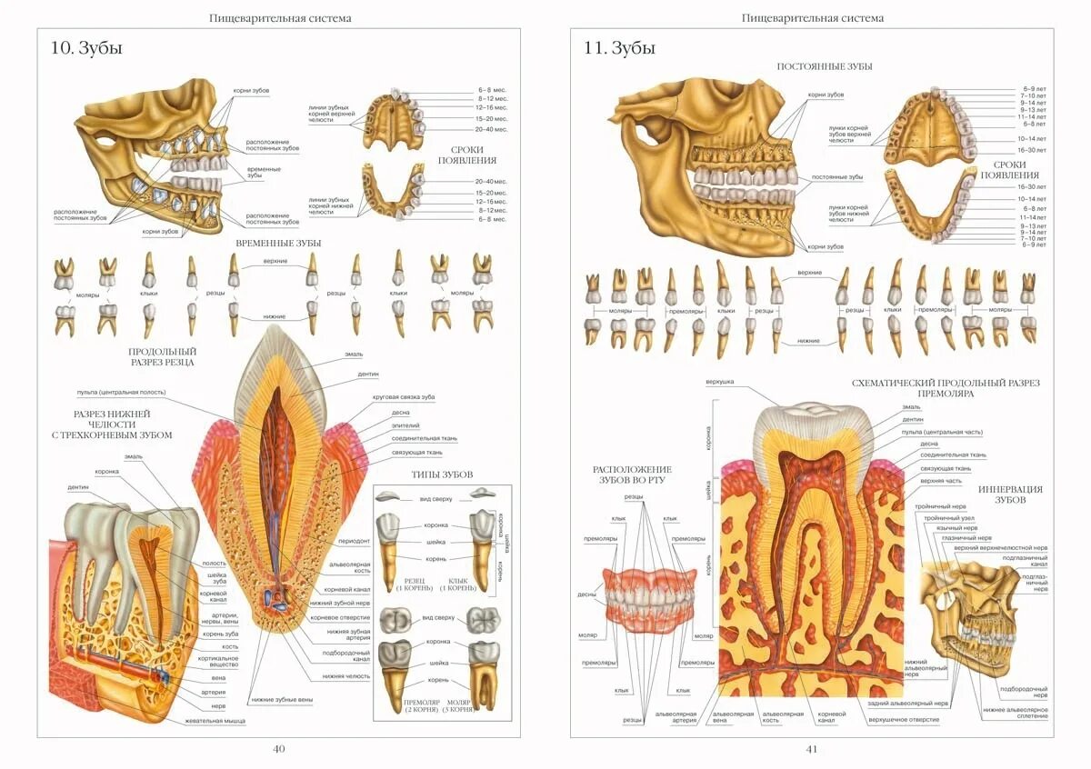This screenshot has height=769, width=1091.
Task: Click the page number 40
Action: click(279, 749)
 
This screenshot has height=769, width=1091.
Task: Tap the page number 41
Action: click(812, 749)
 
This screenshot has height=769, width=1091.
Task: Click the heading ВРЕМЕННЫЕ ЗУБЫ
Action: click(278, 243)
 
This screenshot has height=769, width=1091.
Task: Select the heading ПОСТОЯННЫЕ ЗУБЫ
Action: click(825, 66)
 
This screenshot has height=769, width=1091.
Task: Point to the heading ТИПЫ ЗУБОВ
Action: click(442, 474)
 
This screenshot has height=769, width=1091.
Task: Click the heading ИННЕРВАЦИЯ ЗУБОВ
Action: click(1010, 494)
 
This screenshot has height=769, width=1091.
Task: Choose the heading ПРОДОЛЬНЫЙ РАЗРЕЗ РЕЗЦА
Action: click(162, 356)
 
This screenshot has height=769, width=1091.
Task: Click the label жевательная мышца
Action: click(215, 721)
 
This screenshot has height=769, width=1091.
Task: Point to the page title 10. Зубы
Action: click(87, 48)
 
